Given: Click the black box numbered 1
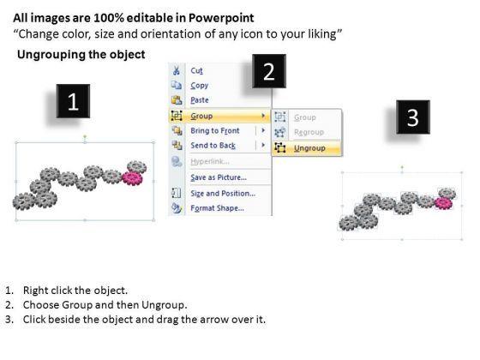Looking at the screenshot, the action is click(73, 101).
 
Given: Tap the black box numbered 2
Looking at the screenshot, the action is click(269, 71).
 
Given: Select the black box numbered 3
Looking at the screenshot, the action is click(413, 117).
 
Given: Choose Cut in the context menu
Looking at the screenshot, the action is click(196, 70).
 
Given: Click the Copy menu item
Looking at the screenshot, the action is click(199, 86).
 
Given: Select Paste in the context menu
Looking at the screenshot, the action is click(200, 100).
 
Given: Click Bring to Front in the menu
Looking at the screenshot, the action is click(215, 130).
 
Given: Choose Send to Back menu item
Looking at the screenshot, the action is click(213, 146).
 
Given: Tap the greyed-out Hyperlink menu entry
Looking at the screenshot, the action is click(210, 161).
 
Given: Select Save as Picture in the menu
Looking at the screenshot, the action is click(219, 177).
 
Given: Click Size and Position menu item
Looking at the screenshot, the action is click(223, 194).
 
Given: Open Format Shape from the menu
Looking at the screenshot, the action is click(217, 208).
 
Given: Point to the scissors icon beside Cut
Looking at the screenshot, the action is click(177, 70).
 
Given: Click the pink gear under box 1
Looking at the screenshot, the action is click(133, 178).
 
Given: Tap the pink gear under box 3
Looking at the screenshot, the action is click(444, 203).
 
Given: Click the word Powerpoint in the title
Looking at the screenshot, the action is click(221, 18).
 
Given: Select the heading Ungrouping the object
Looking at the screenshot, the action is click(81, 55).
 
